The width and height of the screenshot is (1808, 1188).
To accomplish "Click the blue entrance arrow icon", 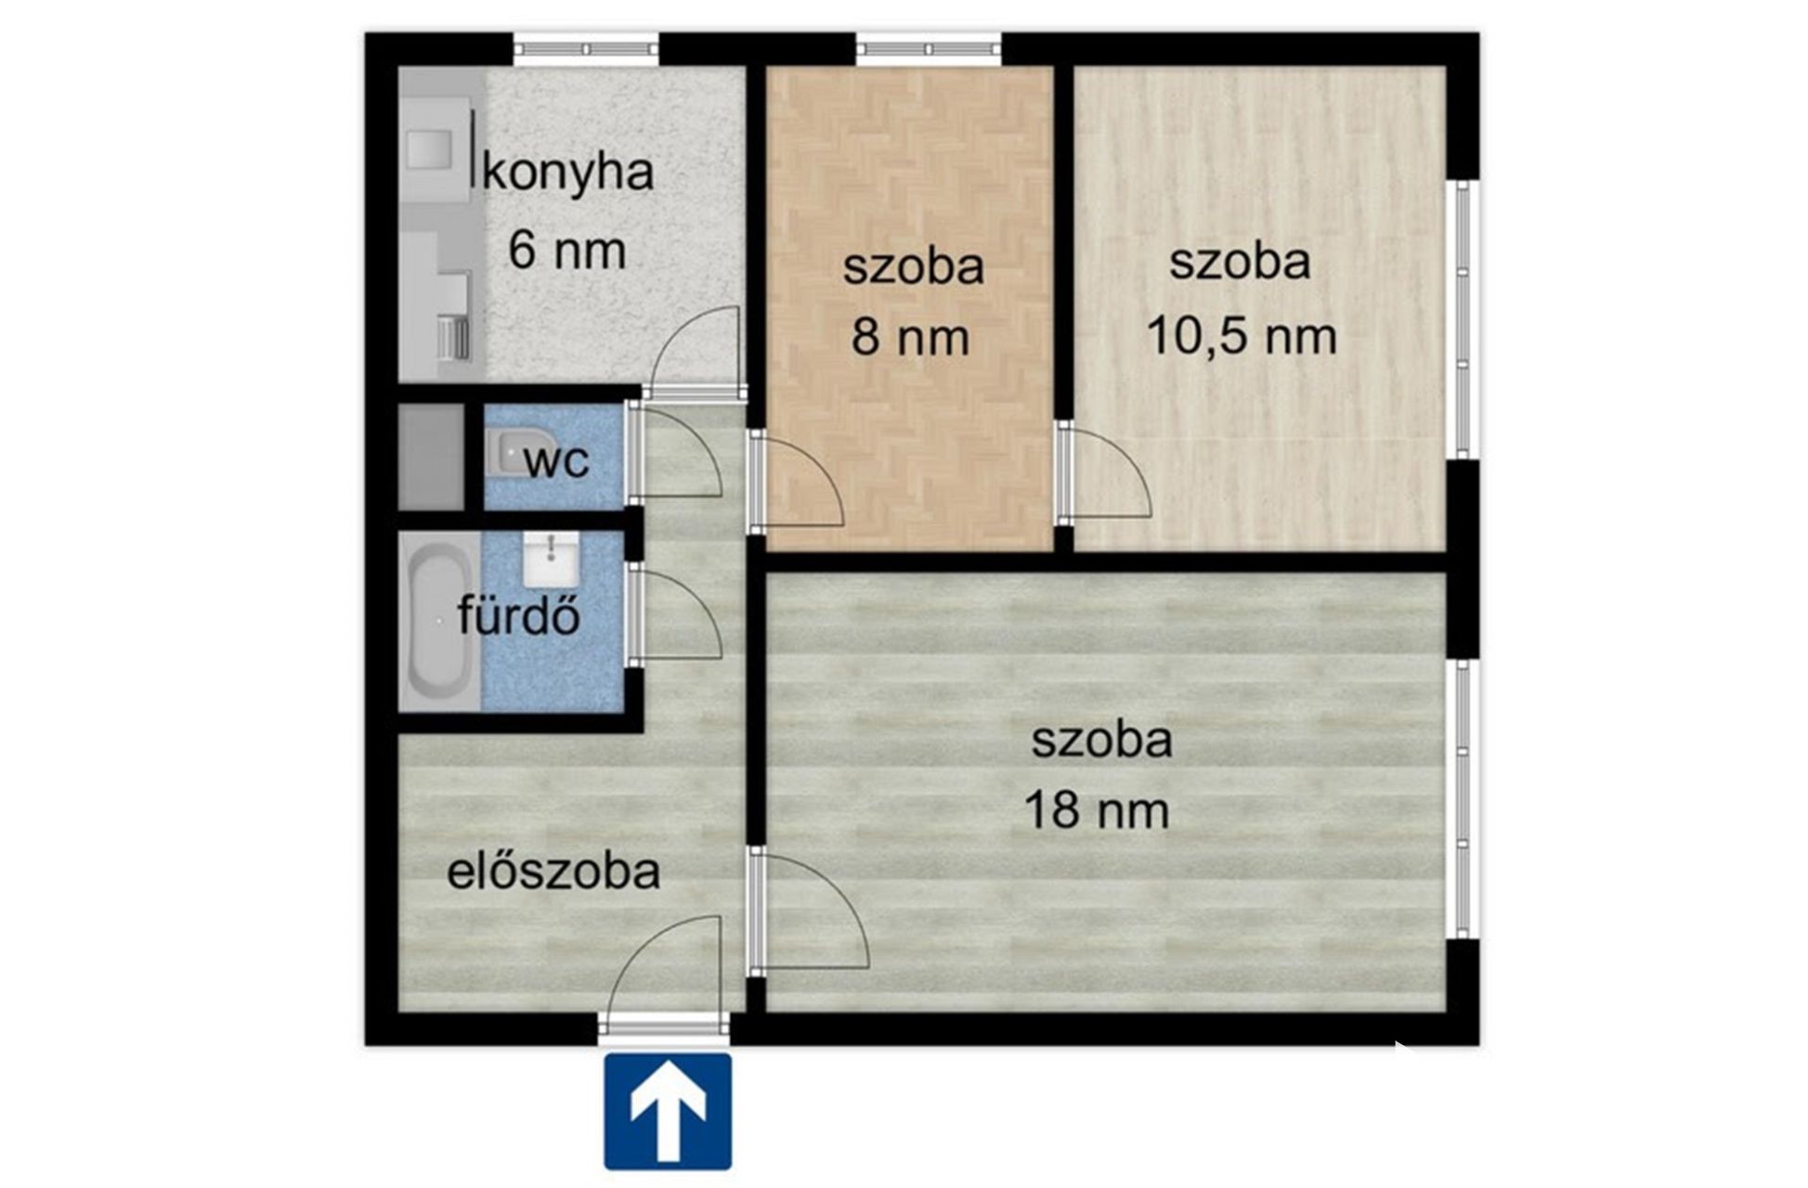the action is (x=668, y=1111).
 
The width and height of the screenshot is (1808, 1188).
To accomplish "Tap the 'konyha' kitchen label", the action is (x=568, y=173).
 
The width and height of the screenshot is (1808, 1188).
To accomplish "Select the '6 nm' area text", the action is (x=566, y=251).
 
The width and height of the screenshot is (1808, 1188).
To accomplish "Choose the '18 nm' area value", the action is (x=1097, y=809).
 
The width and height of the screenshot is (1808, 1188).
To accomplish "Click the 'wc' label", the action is (x=556, y=461).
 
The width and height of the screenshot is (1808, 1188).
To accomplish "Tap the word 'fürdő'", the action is (x=519, y=615).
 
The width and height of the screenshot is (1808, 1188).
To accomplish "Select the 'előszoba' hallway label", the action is (x=553, y=872).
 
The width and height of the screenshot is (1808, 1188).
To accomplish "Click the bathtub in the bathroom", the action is (x=440, y=620).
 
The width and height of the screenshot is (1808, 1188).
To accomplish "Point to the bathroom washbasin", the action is (x=551, y=559).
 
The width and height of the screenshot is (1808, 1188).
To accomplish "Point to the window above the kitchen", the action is (x=587, y=48).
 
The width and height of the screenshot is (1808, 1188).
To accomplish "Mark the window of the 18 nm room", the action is (x=1463, y=798).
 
